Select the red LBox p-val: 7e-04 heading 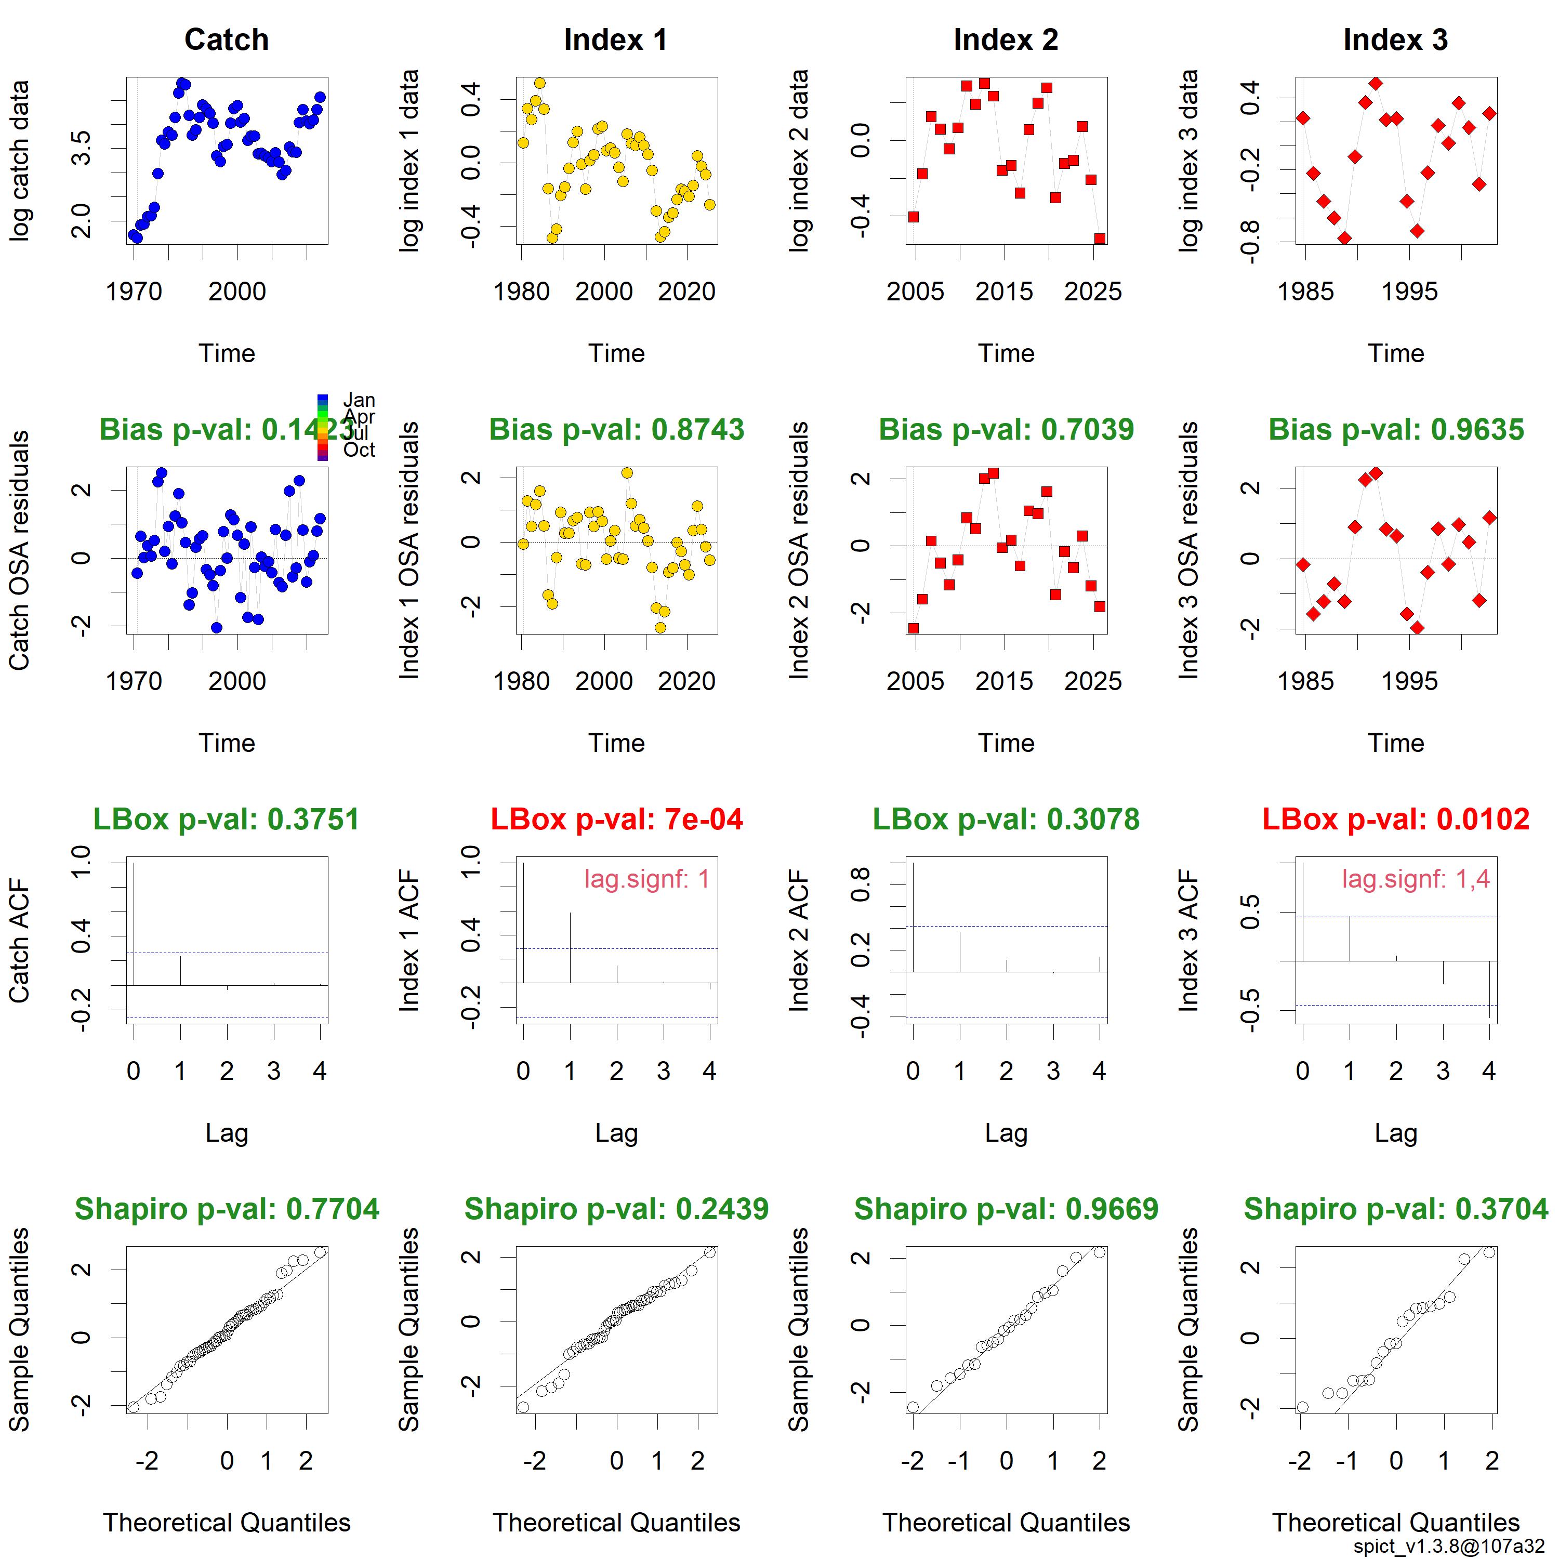click(616, 819)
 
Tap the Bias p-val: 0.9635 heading click(1396, 429)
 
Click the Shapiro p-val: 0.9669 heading click(1006, 1209)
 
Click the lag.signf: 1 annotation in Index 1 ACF click(647, 879)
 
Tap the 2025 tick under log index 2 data click(1092, 292)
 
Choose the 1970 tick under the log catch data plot click(134, 292)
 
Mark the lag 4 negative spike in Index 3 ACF click(1489, 989)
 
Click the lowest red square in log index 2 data click(1100, 239)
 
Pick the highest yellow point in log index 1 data click(540, 83)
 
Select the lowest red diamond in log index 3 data click(1344, 238)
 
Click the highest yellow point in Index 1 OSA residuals click(627, 473)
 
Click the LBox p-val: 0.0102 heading click(1396, 819)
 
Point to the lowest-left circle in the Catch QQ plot click(133, 1407)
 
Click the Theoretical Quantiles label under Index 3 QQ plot click(1396, 1522)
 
